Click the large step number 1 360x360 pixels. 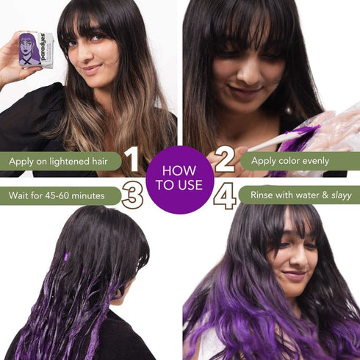coord(132,159)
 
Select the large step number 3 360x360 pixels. coord(132,195)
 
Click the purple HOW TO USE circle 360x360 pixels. coord(179,179)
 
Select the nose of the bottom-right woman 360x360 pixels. coord(297,259)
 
